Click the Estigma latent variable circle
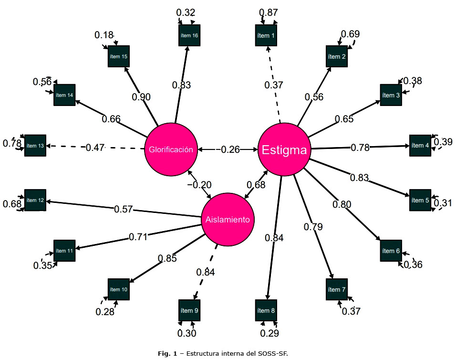click(x=285, y=150)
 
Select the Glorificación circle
click(x=170, y=149)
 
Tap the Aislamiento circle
click(x=228, y=220)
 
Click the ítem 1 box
click(x=266, y=35)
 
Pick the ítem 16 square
click(x=189, y=35)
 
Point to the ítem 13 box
click(x=35, y=145)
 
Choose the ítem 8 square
click(x=266, y=311)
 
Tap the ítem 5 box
click(x=420, y=200)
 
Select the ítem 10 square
click(x=118, y=289)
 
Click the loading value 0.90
click(x=141, y=97)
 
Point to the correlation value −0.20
click(x=199, y=185)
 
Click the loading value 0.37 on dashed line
click(x=274, y=85)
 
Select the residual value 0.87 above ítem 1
click(x=269, y=13)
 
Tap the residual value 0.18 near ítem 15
click(x=104, y=35)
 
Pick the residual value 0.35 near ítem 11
click(x=43, y=265)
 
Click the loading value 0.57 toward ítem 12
click(x=123, y=209)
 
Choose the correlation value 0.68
click(x=256, y=184)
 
